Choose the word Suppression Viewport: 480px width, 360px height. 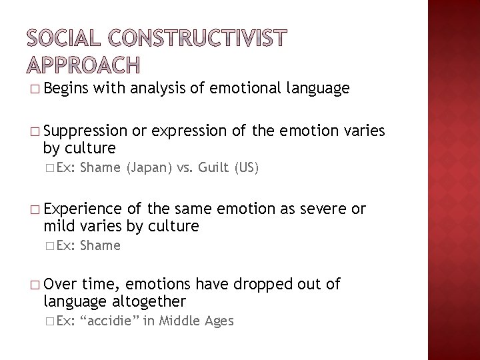(x=85, y=132)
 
